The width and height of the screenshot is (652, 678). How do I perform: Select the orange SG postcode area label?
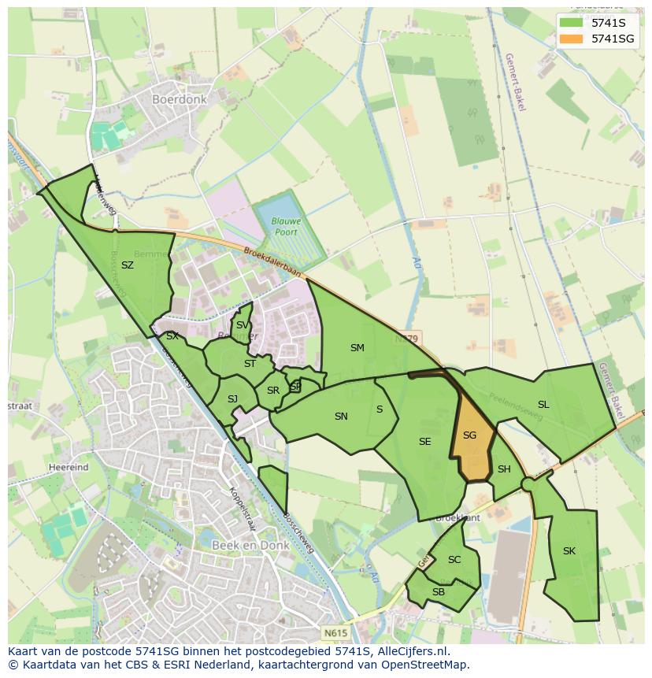[469, 435]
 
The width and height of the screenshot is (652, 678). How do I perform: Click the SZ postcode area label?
[128, 265]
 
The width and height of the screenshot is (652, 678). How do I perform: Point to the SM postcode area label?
[357, 348]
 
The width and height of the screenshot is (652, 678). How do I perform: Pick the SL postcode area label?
[543, 405]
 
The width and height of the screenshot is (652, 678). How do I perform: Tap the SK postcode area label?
[569, 551]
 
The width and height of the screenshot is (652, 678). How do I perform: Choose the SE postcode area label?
[425, 442]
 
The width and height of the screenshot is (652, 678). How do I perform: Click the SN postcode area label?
[341, 417]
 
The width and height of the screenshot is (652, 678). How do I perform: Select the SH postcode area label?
[504, 469]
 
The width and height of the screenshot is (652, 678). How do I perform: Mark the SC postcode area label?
[454, 560]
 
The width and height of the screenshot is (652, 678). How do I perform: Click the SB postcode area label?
[439, 592]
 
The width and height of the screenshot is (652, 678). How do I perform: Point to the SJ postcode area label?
[232, 399]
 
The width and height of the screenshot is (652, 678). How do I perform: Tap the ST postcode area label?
[250, 364]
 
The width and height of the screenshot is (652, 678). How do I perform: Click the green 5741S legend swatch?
[571, 23]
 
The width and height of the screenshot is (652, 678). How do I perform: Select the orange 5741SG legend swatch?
[571, 38]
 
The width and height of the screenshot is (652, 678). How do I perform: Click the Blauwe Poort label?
[287, 227]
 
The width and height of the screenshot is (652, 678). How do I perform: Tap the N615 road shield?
[334, 632]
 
